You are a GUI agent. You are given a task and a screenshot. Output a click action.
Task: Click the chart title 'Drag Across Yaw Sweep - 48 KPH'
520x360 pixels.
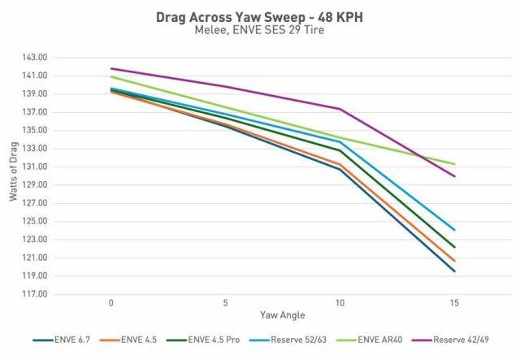(259, 17)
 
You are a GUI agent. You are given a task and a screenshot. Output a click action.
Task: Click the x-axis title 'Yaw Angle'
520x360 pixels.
(281, 314)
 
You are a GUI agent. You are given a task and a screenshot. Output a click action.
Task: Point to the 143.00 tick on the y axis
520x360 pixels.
(37, 58)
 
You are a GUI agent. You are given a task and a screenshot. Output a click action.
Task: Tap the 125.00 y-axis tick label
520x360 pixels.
(37, 222)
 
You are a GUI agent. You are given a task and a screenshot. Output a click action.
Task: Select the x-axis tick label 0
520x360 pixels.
(110, 301)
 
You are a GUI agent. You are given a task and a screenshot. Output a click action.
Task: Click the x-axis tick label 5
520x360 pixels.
(225, 301)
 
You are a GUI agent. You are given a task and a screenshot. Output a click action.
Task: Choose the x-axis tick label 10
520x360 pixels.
(339, 301)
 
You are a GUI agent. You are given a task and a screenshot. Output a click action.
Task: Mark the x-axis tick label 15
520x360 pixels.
(453, 301)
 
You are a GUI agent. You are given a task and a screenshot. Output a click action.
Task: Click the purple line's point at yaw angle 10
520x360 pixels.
(340, 109)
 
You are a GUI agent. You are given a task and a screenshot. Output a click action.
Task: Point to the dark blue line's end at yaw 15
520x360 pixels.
(454, 271)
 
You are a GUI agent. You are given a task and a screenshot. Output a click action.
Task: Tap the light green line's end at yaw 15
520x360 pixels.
(454, 164)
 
